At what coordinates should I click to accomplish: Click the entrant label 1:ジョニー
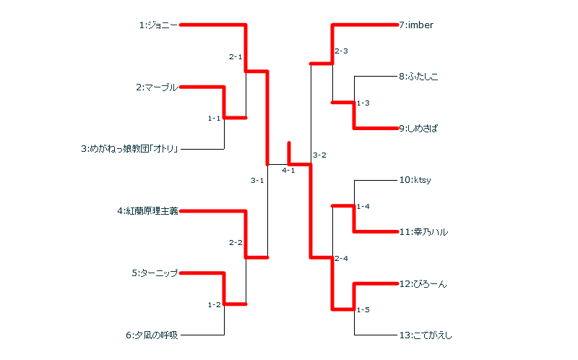click(158, 25)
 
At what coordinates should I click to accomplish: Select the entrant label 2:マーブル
click(157, 87)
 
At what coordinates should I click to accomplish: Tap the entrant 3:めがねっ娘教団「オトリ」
click(129, 150)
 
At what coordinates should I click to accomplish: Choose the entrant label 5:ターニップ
click(155, 273)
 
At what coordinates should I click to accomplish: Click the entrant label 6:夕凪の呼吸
click(151, 335)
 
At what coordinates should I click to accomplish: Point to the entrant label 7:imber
click(416, 25)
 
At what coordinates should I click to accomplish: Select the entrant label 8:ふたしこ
click(418, 76)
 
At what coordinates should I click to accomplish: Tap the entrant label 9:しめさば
click(418, 129)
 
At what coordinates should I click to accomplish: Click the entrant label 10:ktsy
click(415, 180)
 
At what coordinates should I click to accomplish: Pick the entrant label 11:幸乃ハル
click(423, 232)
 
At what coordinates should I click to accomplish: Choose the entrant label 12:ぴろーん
click(423, 284)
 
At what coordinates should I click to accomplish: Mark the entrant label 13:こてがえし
click(426, 335)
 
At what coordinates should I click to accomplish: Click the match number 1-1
click(214, 118)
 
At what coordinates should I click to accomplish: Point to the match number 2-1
click(236, 56)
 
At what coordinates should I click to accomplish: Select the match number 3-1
click(257, 180)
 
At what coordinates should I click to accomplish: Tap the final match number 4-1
click(288, 171)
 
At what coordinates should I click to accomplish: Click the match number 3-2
click(319, 155)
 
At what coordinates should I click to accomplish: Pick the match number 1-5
click(363, 310)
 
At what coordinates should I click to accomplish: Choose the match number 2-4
click(341, 258)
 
